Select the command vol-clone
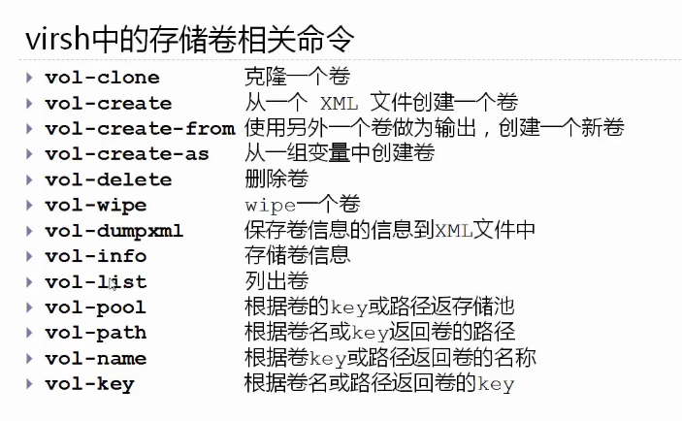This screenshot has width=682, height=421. coord(102,78)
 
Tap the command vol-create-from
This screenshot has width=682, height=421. coord(140,128)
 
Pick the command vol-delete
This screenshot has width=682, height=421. coord(108,179)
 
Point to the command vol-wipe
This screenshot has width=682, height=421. coord(95,205)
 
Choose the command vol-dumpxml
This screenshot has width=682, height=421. coord(114,231)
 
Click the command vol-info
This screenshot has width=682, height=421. coord(95,256)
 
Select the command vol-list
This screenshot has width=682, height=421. coord(95,282)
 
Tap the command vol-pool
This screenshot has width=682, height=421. coord(95,308)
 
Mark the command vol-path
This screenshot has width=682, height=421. coord(95,333)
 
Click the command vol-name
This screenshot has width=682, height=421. coord(95,359)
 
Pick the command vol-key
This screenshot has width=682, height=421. coord(89,384)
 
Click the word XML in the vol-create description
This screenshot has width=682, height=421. coord(340,103)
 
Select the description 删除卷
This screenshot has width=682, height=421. coord(270,178)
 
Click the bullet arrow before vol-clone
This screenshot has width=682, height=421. coord(29,77)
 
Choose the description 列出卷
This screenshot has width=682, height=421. coord(270,281)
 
